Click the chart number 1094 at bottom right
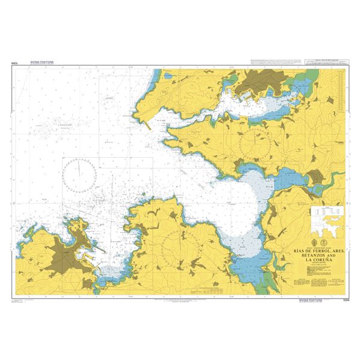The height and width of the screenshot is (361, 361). [x=345, y=300]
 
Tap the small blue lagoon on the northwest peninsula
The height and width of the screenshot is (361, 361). [x=157, y=77]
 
